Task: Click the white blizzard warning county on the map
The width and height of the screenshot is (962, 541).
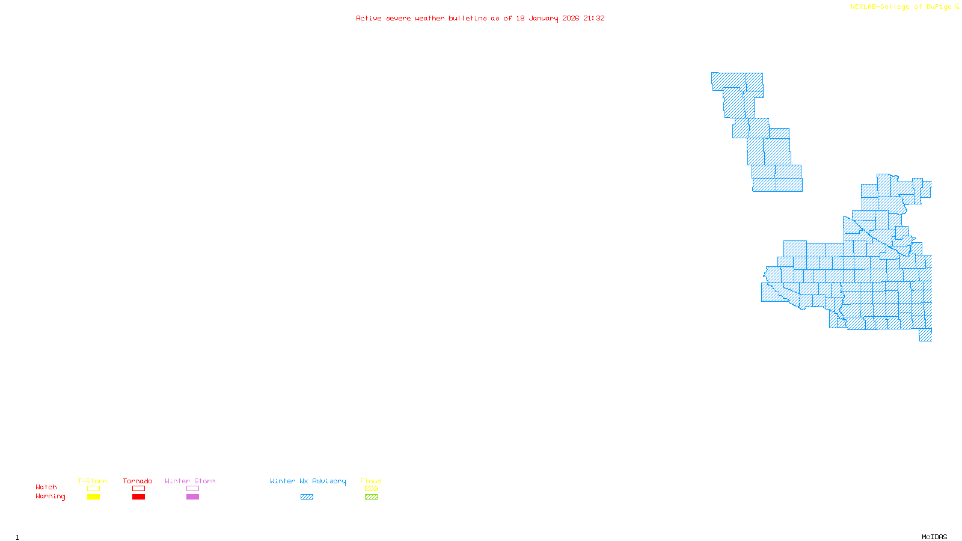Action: pos(854,204)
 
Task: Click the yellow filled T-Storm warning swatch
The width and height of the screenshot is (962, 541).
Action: pos(93,497)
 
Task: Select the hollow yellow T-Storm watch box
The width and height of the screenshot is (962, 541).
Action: pos(93,489)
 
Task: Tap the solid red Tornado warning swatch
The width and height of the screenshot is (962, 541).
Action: pos(138,497)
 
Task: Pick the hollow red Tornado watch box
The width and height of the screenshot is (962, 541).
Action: pos(138,489)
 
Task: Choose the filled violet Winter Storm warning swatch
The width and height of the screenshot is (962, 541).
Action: pos(192,497)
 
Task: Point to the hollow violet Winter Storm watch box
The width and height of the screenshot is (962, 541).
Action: pos(192,489)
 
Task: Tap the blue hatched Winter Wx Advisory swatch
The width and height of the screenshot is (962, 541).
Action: pos(307,497)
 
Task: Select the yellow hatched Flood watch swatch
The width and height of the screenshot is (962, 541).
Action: pos(371,489)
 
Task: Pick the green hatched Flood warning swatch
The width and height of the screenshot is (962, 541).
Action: pos(371,497)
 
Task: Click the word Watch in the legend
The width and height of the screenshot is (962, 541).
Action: pos(46,488)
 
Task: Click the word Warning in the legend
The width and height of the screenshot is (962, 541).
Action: pos(50,497)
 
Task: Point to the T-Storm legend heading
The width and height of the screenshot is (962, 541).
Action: pos(93,481)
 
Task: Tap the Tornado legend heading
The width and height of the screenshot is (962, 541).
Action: pos(138,481)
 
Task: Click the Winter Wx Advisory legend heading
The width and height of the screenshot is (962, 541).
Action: pos(308,481)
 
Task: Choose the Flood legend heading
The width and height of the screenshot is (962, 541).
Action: pos(371,481)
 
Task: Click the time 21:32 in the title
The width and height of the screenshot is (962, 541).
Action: pos(594,18)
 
